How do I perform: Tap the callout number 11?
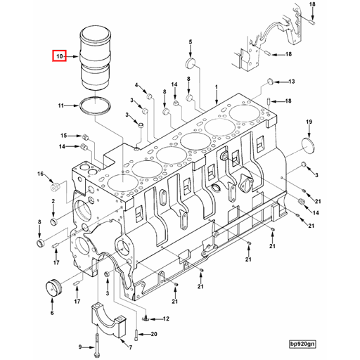pyautogui.click(x=61, y=105)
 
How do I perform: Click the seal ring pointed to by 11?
pyautogui.click(x=94, y=106)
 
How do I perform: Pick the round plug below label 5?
pyautogui.click(x=190, y=65)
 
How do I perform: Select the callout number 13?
pyautogui.click(x=292, y=81)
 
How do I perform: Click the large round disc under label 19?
pyautogui.click(x=308, y=146)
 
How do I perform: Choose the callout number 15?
pyautogui.click(x=63, y=135)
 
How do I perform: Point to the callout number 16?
pyautogui.click(x=40, y=174)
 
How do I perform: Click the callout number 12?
pyautogui.click(x=167, y=319)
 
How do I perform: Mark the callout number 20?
pyautogui.click(x=154, y=334)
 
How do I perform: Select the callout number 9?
pyautogui.click(x=79, y=346)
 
